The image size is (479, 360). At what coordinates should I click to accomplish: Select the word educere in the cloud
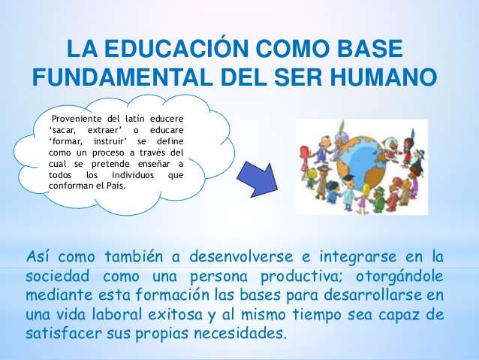(167, 119)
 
